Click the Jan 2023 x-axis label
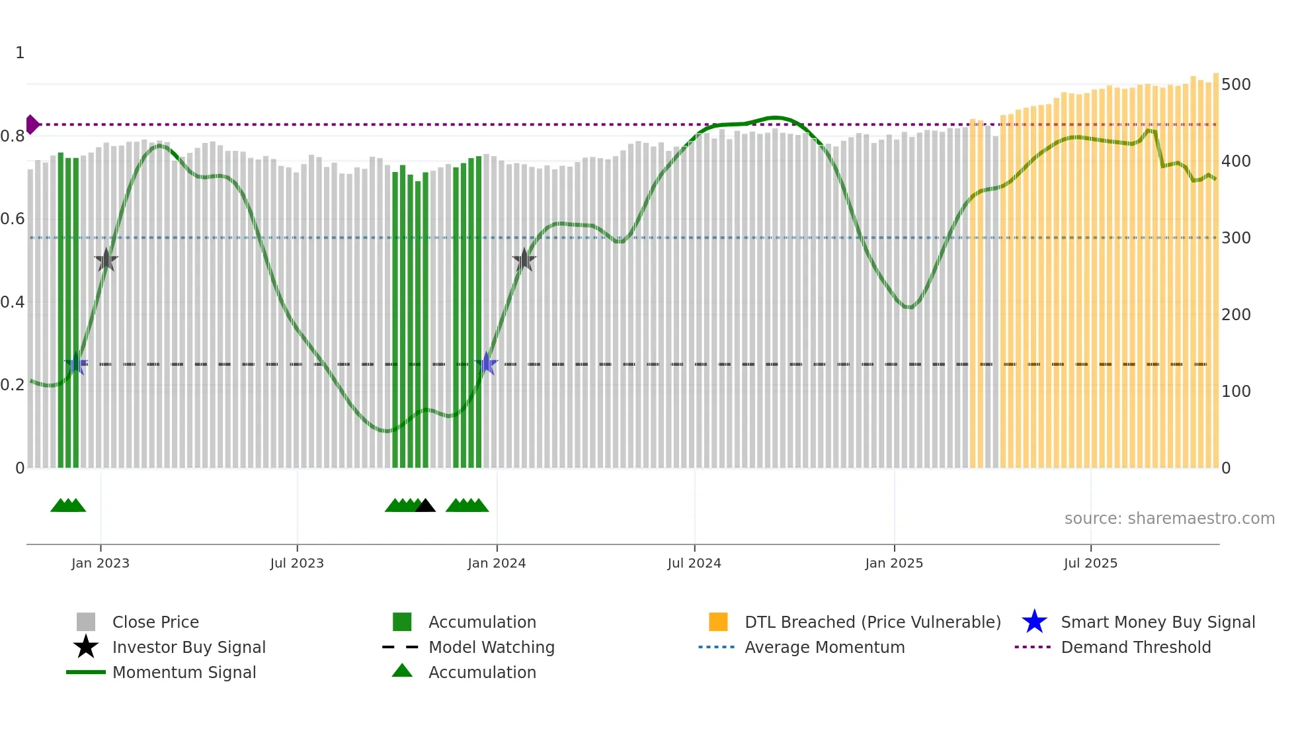(101, 563)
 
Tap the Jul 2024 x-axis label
(694, 563)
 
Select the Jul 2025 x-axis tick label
(1090, 563)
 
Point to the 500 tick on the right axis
(1236, 85)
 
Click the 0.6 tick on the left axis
(13, 219)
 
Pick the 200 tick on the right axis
(1236, 315)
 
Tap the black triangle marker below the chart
(425, 506)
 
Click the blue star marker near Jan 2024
(487, 363)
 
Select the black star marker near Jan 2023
(106, 260)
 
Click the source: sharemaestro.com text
(1169, 519)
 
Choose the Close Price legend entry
(155, 622)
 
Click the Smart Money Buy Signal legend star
(1034, 622)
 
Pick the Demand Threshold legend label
(1135, 647)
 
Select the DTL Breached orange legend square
(718, 622)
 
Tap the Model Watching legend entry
(491, 647)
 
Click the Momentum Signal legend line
(86, 672)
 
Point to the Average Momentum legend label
(825, 647)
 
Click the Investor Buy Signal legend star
(86, 647)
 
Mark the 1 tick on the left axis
(20, 53)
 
